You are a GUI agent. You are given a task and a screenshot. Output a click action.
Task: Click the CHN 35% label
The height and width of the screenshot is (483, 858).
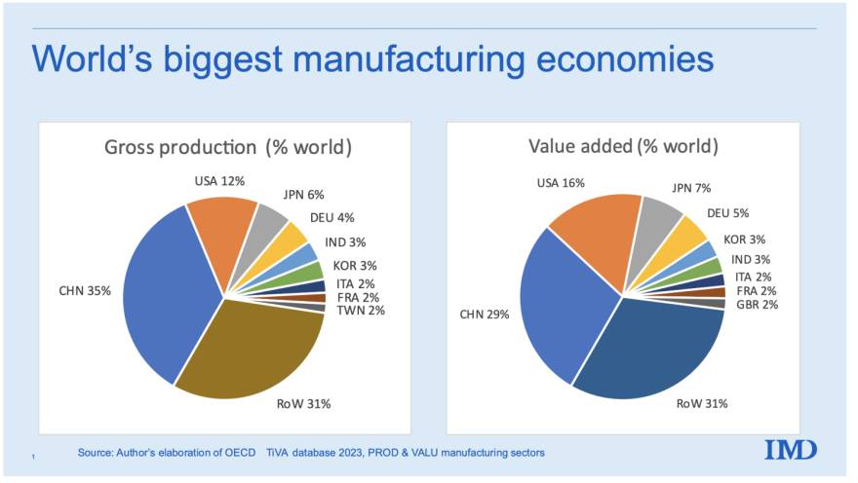coord(87,289)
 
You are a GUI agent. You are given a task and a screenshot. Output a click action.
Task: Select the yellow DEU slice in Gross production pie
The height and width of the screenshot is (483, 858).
coord(290,237)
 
